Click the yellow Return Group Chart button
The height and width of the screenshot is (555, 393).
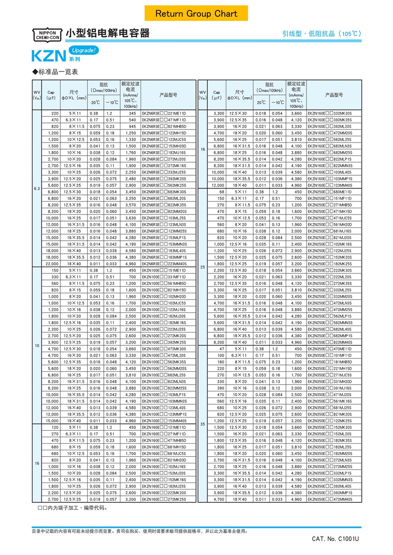[x=196, y=14]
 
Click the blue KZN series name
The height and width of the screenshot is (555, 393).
[x=49, y=56]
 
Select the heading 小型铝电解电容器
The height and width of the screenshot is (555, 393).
[x=107, y=33]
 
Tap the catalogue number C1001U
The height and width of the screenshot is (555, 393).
[x=335, y=539]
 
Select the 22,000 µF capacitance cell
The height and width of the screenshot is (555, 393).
[x=52, y=264]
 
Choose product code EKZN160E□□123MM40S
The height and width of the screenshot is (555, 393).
[x=330, y=185]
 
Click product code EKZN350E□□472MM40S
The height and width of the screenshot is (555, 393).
[x=330, y=499]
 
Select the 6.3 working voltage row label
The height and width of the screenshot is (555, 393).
[x=37, y=188]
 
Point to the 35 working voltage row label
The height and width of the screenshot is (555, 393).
[x=203, y=424]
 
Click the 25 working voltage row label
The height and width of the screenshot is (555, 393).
[x=203, y=267]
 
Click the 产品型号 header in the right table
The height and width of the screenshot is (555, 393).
[x=334, y=95]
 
